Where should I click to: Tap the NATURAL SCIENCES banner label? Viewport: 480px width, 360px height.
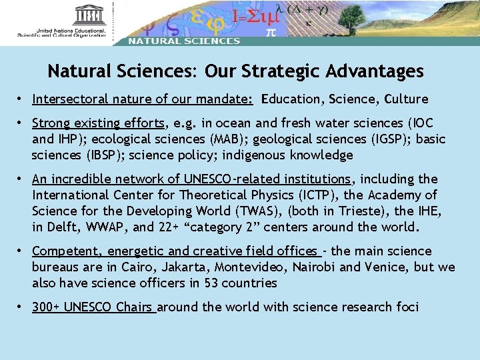tap(184, 41)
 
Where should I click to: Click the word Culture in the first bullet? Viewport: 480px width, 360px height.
tap(406, 99)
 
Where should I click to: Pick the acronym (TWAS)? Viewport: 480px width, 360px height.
tap(251, 211)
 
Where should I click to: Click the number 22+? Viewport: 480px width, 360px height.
tap(169, 227)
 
